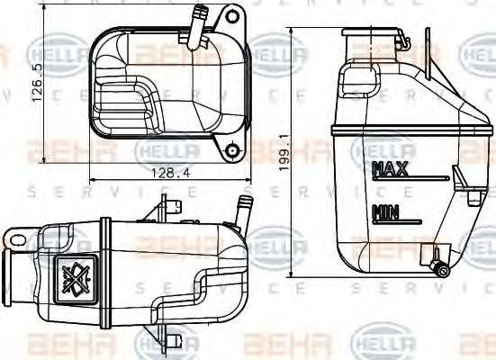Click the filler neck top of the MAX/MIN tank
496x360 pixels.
tap(371, 35)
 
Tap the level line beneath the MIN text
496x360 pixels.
tap(401, 222)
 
